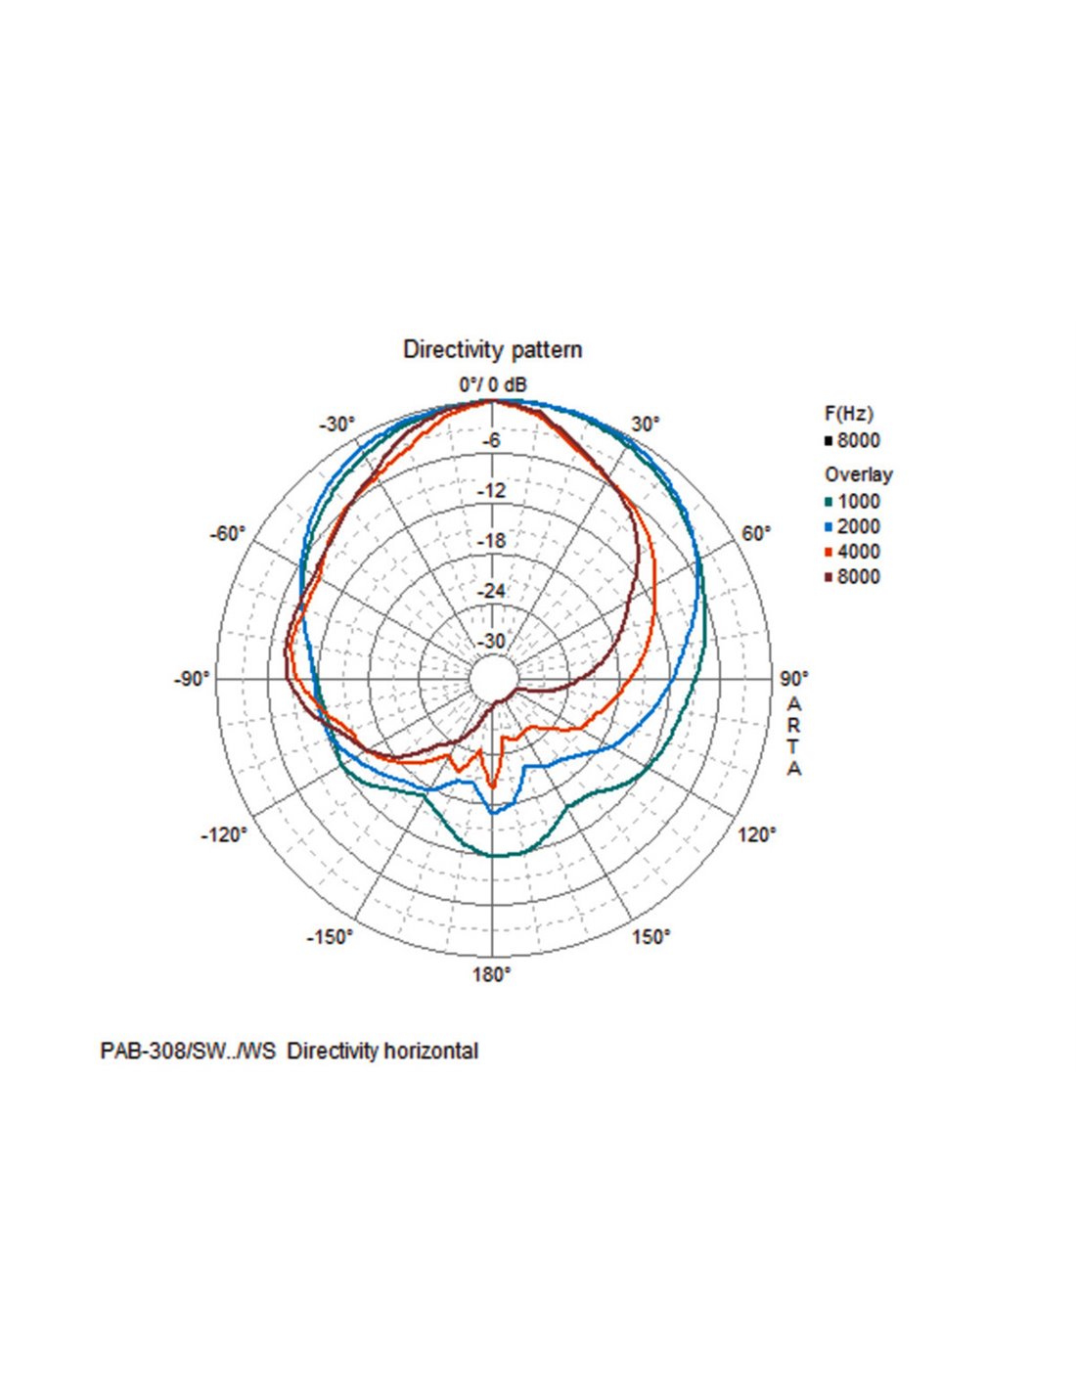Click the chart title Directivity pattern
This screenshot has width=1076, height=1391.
492,350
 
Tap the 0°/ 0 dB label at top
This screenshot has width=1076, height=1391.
493,385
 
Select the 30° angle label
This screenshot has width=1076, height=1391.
646,425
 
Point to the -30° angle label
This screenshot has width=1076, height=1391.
337,425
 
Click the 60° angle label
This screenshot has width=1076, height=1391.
756,534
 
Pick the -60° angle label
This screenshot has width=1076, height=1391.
228,534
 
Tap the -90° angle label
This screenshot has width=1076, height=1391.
192,679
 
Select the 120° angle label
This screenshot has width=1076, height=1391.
757,835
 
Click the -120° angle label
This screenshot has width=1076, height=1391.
225,835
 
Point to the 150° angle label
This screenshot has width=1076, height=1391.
650,937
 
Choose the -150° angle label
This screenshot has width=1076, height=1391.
330,937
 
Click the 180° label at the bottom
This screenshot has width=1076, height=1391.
492,974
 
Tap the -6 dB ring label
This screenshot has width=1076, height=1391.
492,441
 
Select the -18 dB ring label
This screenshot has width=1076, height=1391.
492,541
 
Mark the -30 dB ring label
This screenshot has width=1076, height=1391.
492,642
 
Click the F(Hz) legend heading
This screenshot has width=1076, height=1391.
848,414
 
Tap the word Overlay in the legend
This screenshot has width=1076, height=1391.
858,475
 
